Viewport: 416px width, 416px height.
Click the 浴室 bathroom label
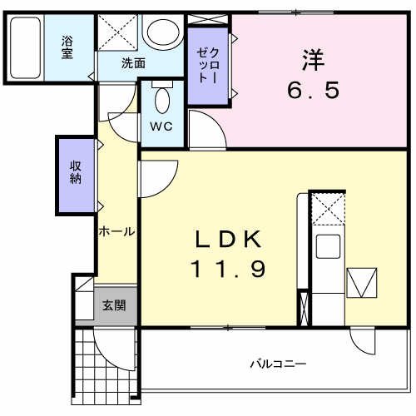(x=67, y=47)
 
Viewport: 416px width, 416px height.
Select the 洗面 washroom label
(x=133, y=62)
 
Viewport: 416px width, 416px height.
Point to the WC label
(x=161, y=126)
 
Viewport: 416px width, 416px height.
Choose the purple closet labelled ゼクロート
(x=208, y=67)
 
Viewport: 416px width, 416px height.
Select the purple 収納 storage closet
(x=76, y=173)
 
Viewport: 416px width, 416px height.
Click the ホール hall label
(x=116, y=231)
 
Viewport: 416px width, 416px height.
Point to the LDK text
(x=229, y=240)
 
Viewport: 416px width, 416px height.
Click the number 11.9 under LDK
(x=229, y=269)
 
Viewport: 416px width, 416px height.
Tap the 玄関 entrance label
(x=114, y=305)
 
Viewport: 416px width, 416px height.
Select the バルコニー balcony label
(x=279, y=364)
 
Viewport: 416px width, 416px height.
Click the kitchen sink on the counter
(x=327, y=246)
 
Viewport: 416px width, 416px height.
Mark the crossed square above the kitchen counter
(x=327, y=208)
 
